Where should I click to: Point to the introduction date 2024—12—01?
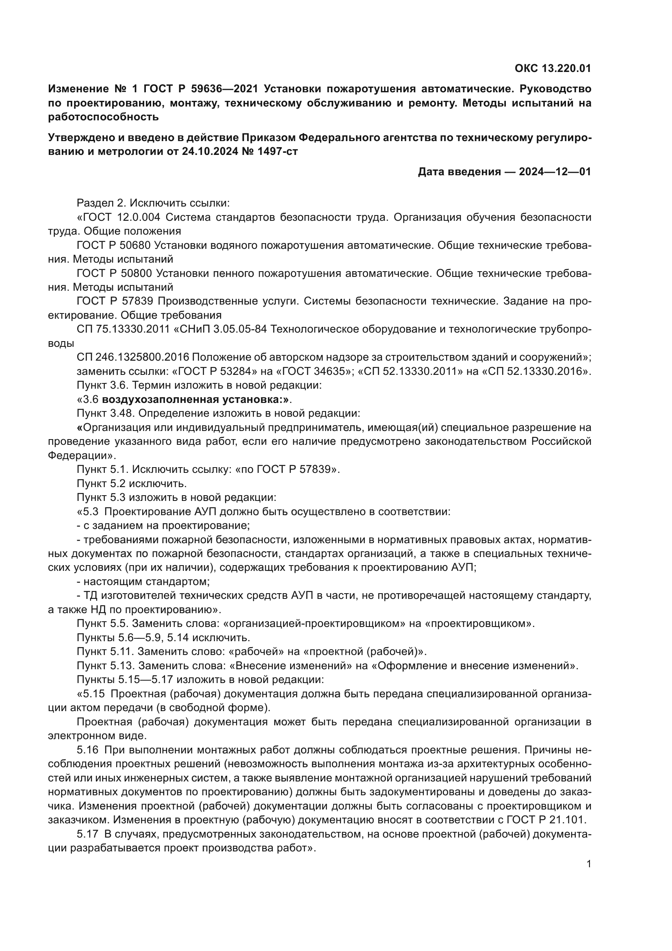click(x=555, y=172)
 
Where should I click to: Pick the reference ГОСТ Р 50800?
click(x=114, y=273)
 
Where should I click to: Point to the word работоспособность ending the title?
click(x=104, y=117)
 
